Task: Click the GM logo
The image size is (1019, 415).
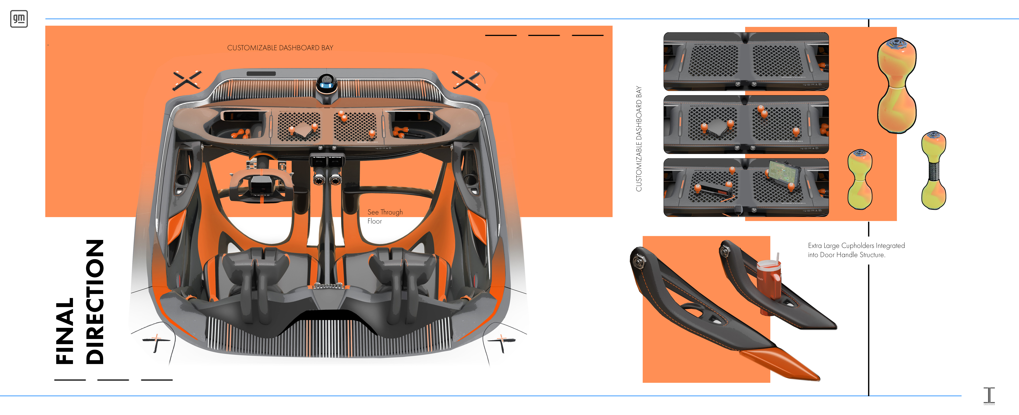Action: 19,19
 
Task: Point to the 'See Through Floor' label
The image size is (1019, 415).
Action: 384,216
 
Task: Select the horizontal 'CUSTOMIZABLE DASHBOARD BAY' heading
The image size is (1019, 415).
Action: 280,48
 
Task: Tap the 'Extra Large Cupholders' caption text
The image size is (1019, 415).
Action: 856,250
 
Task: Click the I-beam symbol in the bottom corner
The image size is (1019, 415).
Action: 989,396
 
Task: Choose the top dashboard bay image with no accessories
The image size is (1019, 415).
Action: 746,61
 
